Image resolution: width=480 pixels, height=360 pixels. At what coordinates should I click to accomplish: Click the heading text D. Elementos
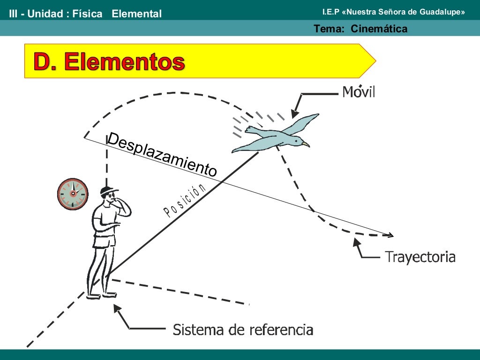tap(109, 61)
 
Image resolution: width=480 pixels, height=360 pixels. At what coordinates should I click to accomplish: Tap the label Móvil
tap(359, 91)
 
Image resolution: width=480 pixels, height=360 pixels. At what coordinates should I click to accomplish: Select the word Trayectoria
tap(420, 257)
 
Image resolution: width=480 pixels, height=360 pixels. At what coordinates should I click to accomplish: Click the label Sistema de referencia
tap(243, 329)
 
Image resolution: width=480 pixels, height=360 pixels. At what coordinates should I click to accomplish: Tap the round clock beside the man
tap(73, 194)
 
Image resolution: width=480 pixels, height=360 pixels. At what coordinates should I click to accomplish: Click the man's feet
tap(101, 294)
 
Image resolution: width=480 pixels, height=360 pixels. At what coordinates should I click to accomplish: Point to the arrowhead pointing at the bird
tap(294, 114)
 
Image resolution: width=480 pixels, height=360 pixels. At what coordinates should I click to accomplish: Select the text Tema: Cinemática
tap(360, 29)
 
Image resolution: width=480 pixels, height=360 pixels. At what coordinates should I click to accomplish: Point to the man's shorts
tap(104, 240)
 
